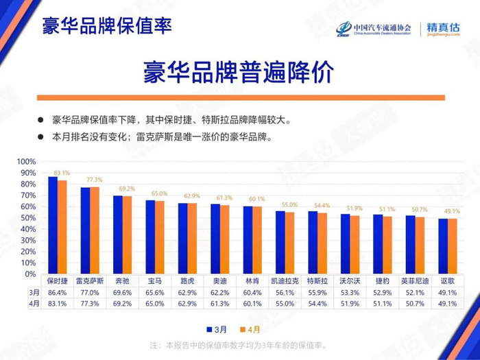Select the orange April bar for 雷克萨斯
pyautogui.click(x=95, y=230)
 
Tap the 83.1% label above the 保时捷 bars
pyautogui.click(x=62, y=173)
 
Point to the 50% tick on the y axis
pyautogui.click(x=27, y=218)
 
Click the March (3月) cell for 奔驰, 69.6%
pyautogui.click(x=123, y=292)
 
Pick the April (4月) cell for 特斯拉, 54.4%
pyautogui.click(x=317, y=303)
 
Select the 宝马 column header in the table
pyautogui.click(x=155, y=281)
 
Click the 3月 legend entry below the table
pyautogui.click(x=217, y=328)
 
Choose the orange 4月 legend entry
pyautogui.click(x=252, y=328)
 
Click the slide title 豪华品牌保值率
pyautogui.click(x=106, y=27)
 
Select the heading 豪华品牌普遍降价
pyautogui.click(x=239, y=71)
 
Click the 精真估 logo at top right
pyautogui.click(x=443, y=29)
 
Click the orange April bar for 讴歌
pyautogui.click(x=452, y=246)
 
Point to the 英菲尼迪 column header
pyautogui.click(x=415, y=281)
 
